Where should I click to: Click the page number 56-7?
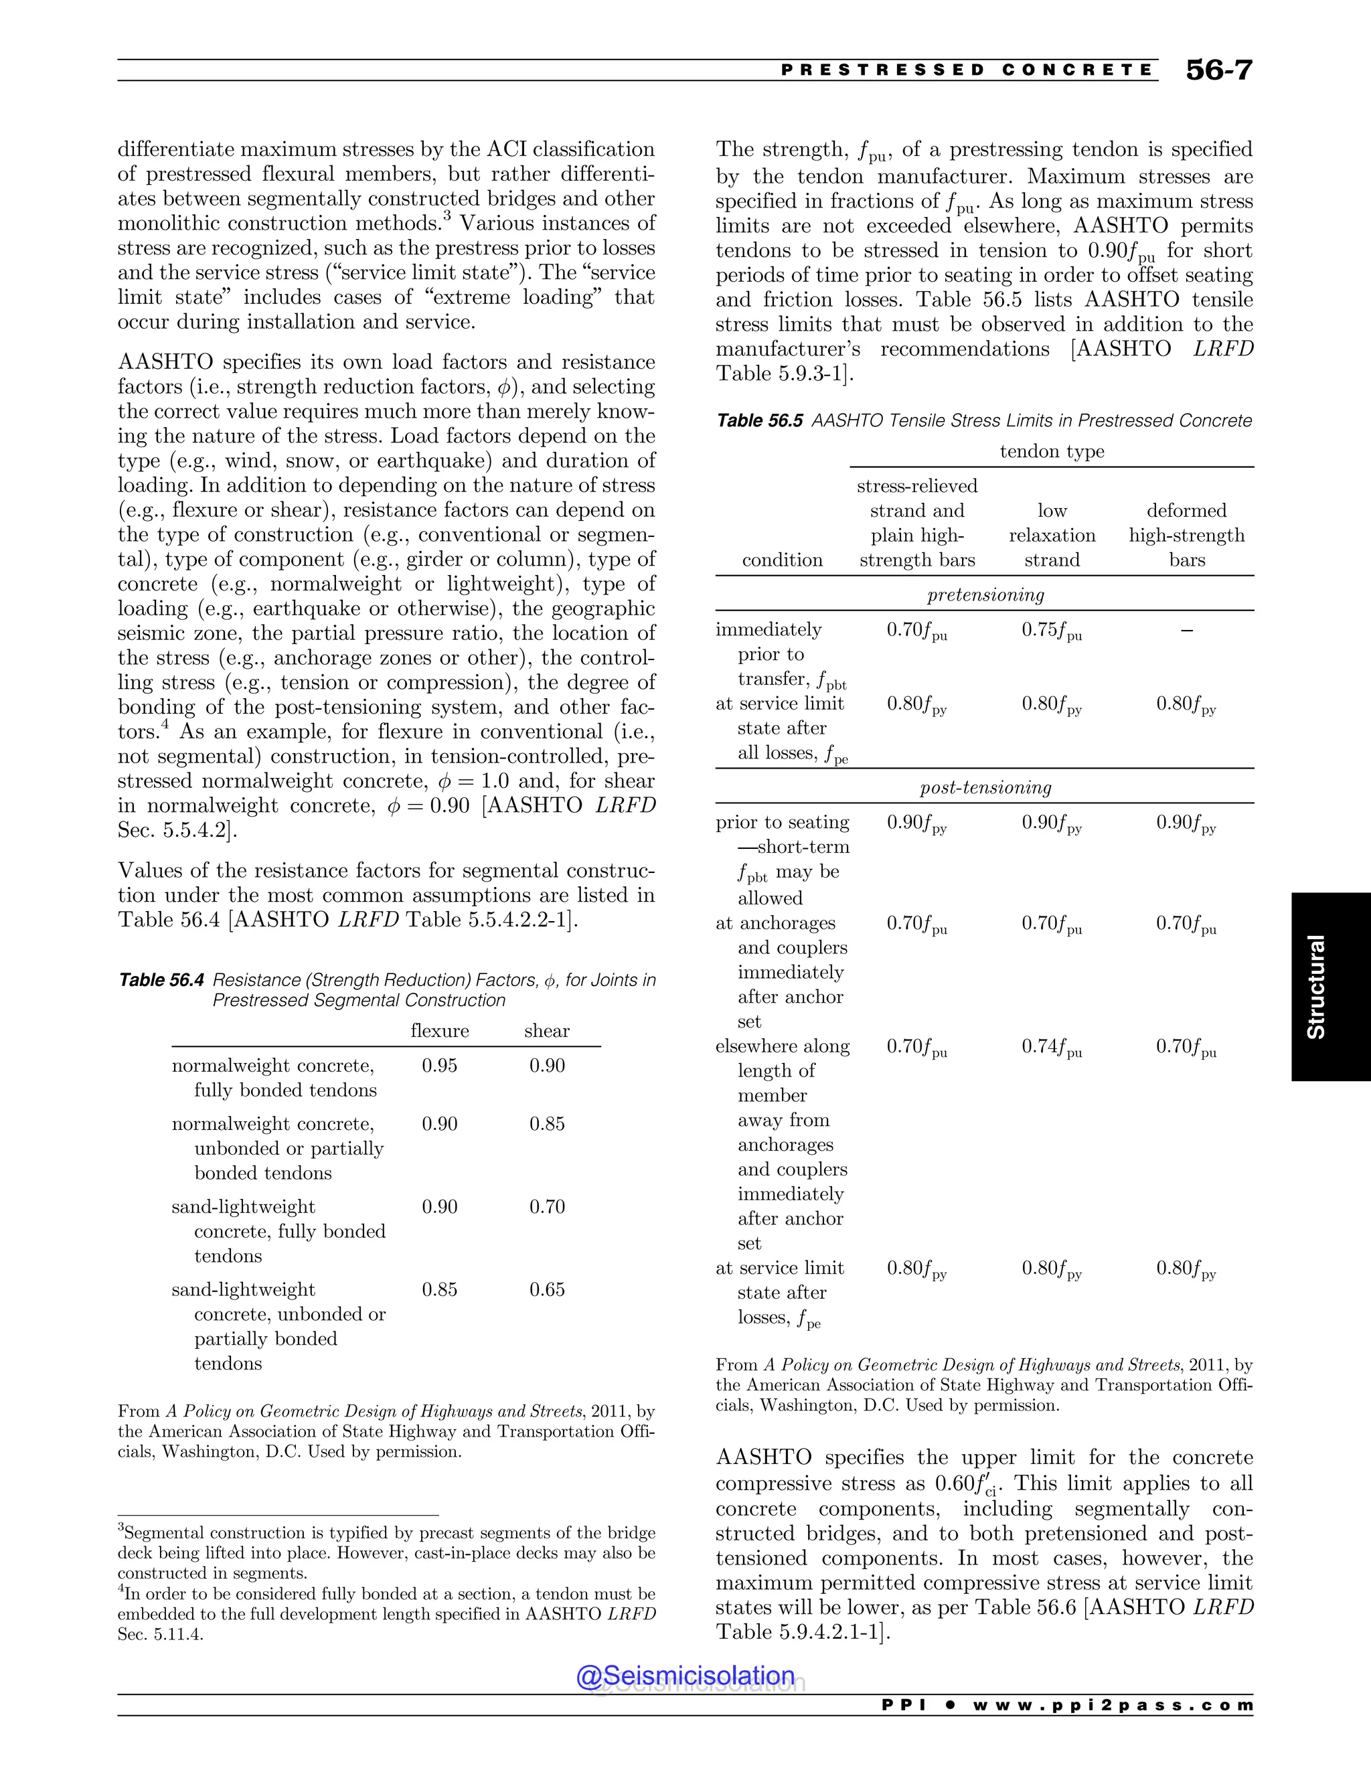(1218, 70)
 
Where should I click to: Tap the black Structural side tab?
(1330, 986)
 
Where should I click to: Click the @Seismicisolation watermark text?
(685, 1675)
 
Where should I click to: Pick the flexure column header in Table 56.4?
(439, 1031)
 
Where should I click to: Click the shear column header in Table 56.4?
(547, 1031)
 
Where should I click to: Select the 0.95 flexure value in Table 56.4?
(439, 1065)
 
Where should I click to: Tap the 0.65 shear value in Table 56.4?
(547, 1289)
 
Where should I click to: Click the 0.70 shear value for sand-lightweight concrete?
(547, 1206)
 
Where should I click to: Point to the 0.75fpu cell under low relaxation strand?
(1052, 631)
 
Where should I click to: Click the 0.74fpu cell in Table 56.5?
(1052, 1047)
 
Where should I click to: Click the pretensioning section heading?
(985, 594)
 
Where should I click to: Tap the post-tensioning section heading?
(985, 787)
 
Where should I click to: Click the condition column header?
(782, 560)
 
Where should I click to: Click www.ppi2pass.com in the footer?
(1113, 1705)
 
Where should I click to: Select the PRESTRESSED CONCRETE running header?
(967, 70)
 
